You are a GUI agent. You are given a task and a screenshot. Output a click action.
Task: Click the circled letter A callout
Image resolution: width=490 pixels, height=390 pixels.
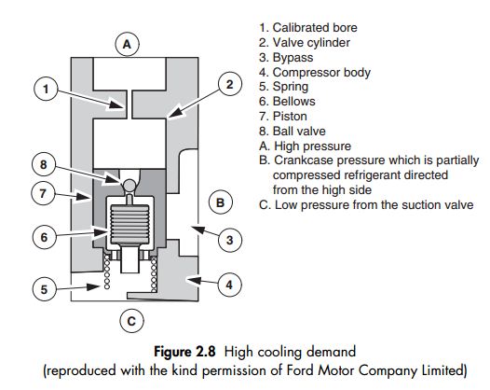(x=127, y=44)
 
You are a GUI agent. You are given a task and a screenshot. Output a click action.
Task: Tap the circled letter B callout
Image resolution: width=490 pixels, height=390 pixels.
(x=220, y=202)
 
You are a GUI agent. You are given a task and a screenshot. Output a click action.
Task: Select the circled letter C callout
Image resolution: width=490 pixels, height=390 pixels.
(x=131, y=321)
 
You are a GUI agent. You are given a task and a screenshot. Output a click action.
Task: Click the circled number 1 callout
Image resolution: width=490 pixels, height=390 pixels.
(x=46, y=89)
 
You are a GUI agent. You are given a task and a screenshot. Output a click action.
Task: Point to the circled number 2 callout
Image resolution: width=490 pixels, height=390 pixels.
(x=230, y=84)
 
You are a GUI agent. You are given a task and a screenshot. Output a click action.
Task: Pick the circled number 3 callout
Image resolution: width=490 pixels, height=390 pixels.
(x=230, y=240)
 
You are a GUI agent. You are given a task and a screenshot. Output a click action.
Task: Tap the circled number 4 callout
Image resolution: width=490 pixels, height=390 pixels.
(x=229, y=285)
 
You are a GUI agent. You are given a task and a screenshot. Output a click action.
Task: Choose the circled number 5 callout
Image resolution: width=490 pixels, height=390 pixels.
(x=45, y=289)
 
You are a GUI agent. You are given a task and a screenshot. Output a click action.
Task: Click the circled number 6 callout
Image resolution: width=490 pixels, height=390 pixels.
(x=45, y=237)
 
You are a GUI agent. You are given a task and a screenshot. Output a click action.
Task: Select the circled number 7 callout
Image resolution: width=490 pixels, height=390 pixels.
(x=43, y=193)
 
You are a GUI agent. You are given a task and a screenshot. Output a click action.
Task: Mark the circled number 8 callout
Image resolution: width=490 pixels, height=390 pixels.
(x=44, y=164)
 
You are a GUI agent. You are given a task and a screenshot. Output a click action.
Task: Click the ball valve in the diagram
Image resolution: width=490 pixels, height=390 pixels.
(x=129, y=185)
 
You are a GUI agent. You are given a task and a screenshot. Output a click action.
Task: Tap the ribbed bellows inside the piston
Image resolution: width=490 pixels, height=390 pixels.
(x=129, y=224)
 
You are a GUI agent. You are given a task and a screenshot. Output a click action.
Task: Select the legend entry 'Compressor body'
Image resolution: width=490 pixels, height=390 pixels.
(x=315, y=72)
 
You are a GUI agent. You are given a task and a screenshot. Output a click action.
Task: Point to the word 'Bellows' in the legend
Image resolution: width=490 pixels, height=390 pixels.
(x=293, y=101)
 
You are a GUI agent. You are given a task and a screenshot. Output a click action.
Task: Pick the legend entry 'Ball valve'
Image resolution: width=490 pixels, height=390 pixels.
(x=293, y=132)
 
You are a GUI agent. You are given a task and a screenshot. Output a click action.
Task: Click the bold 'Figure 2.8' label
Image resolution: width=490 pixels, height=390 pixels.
(x=184, y=351)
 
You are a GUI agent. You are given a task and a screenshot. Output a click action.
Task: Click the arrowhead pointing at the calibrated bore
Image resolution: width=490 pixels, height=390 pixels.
(x=116, y=104)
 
